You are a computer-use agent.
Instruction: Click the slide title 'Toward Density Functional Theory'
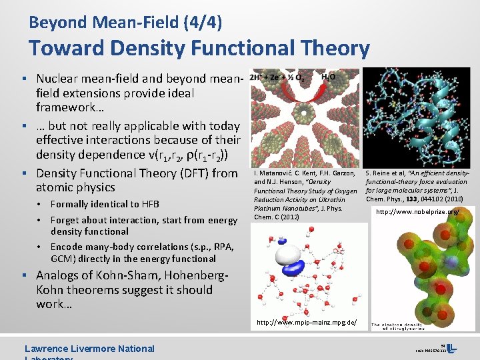click(x=199, y=48)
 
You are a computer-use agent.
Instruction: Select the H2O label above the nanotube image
click(x=328, y=77)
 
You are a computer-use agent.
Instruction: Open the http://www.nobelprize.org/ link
click(x=417, y=212)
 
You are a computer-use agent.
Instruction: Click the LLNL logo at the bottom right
click(x=452, y=349)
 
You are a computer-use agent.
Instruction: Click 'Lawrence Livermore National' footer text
click(x=89, y=349)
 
